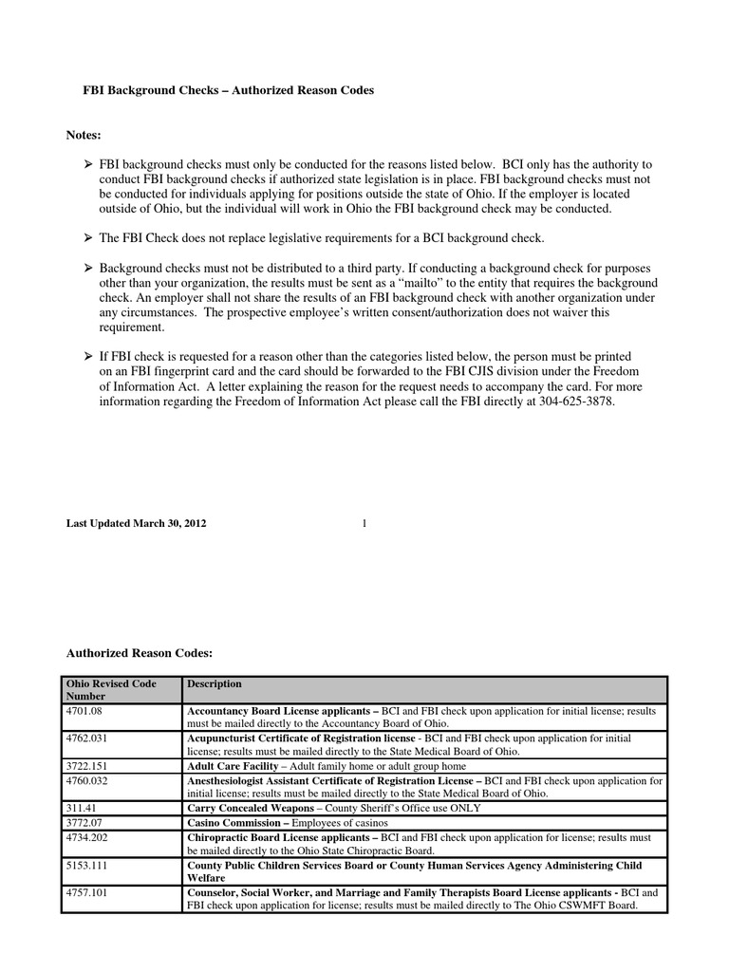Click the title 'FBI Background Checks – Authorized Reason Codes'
pos(225,90)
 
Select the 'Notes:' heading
pos(84,136)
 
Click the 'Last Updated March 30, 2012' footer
pos(136,524)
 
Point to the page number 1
pos(364,524)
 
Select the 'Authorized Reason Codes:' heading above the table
pos(139,653)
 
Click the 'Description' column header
pos(215,683)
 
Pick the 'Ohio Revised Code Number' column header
pos(110,689)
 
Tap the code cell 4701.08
pos(84,710)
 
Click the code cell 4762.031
pos(87,738)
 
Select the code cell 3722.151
pos(87,765)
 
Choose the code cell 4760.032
pos(87,781)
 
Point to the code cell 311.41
pos(82,808)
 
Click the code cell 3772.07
pos(84,822)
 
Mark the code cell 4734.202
pos(87,837)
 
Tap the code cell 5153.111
pos(87,866)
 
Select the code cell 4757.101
pos(87,893)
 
